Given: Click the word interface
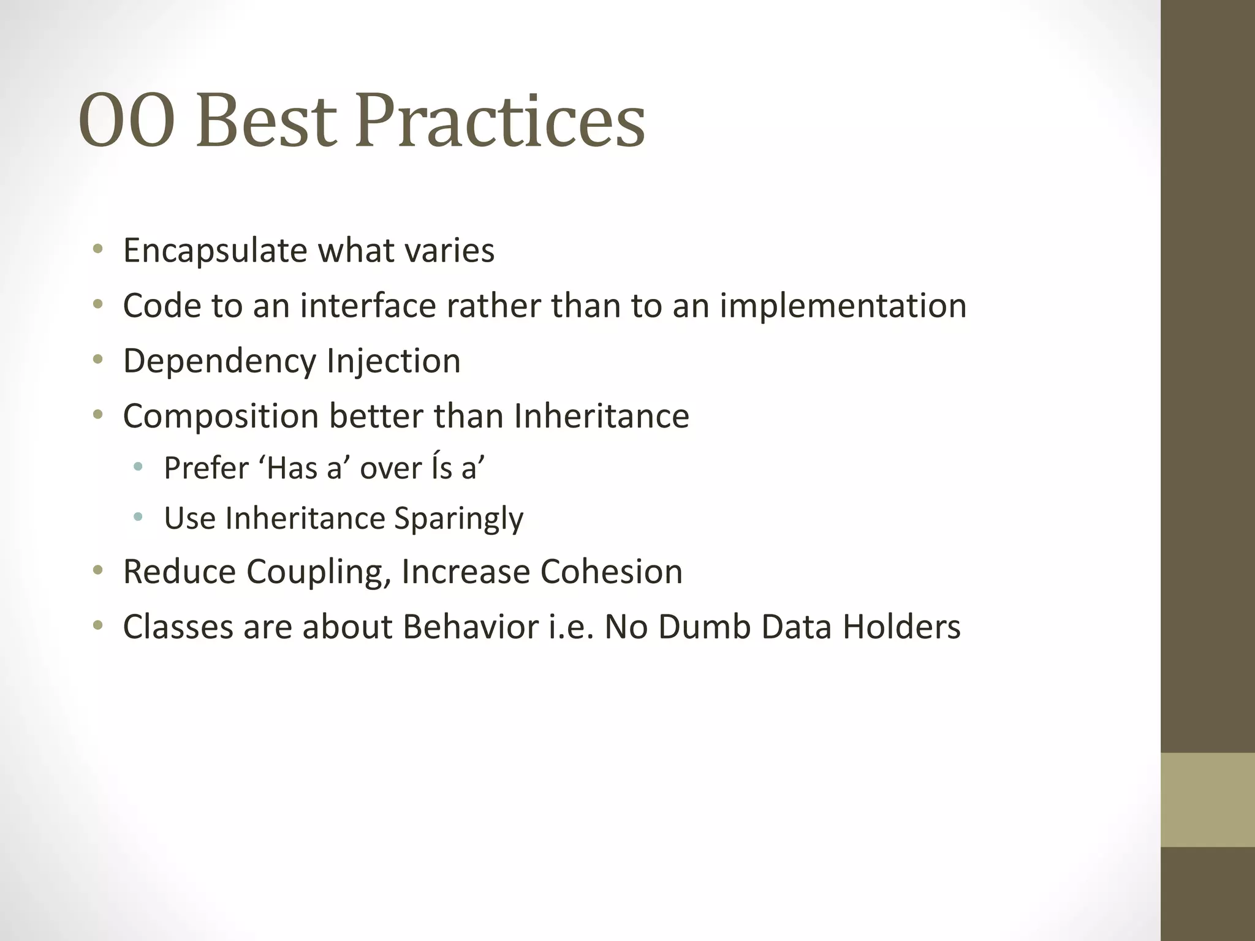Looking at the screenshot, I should [368, 306].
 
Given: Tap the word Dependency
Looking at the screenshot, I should [220, 361].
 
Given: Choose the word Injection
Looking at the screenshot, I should [393, 361].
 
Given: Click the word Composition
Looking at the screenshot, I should [221, 417].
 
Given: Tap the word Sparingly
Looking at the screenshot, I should [458, 520].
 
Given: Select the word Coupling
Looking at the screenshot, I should [318, 572].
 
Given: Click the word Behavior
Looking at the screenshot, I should [471, 627].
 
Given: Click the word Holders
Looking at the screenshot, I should [901, 627].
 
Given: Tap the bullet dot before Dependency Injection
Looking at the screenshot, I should [98, 360].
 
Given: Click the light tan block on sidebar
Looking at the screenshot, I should [1207, 799].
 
